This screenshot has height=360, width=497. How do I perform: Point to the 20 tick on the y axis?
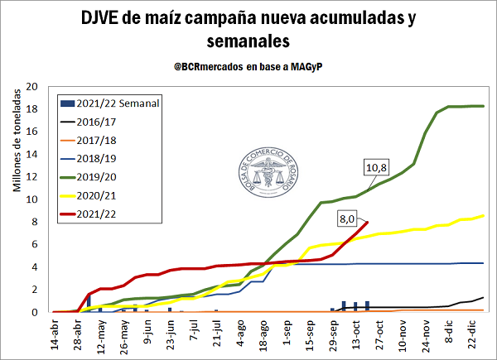click(x=33, y=86)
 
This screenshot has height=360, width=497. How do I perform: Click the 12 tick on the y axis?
click(x=33, y=176)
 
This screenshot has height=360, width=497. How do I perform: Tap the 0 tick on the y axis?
click(x=36, y=312)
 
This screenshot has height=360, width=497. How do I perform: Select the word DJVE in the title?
click(x=104, y=18)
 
